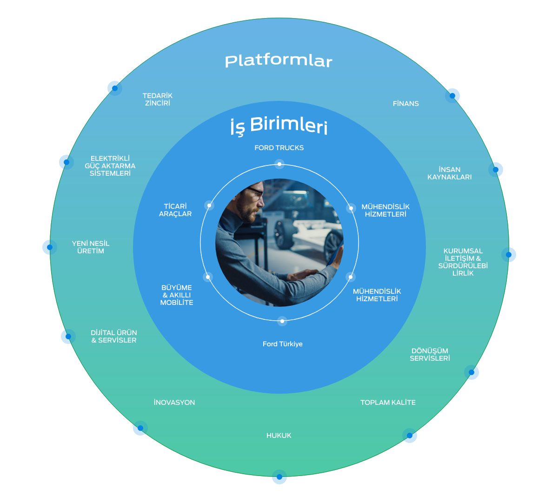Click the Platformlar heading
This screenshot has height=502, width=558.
279,61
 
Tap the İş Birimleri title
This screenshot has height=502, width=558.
279,126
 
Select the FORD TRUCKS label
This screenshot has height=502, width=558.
279,148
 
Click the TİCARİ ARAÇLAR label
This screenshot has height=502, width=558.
175,210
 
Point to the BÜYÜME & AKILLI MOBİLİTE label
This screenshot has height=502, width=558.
177,295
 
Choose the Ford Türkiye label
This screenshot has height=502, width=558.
282,344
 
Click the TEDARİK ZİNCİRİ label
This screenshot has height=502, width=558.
158,99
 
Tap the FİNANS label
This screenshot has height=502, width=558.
405,104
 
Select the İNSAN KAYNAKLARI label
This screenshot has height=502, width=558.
449,173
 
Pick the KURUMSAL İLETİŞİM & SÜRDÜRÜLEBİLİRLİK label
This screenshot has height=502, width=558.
463,262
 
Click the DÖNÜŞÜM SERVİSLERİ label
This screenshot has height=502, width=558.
430,355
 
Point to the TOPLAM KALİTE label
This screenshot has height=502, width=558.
388,403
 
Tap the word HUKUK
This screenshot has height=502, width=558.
279,436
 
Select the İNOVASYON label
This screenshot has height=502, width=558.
174,403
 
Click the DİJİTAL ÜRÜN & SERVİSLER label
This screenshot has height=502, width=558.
114,337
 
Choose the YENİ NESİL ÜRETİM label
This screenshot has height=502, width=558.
91,247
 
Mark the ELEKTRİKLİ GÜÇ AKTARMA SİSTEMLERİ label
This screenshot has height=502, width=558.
110,166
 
